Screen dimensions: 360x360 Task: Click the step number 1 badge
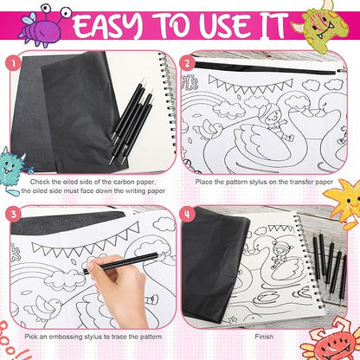tap(13, 63)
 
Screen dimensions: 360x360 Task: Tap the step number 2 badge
tap(188, 63)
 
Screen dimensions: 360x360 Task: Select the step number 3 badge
tap(13, 215)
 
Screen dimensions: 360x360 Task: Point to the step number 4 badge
tap(188, 215)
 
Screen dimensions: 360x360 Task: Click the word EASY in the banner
tap(107, 25)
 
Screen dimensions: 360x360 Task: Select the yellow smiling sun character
tap(344, 202)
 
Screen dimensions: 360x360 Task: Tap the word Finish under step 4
tap(264, 337)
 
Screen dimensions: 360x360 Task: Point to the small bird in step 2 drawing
tap(213, 129)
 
